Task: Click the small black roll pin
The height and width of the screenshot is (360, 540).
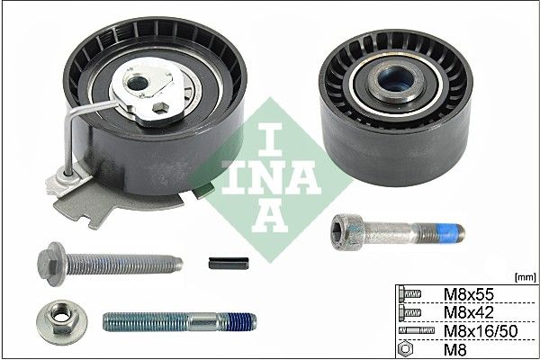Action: (x=229, y=264)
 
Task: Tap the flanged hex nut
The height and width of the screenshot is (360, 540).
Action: (x=62, y=322)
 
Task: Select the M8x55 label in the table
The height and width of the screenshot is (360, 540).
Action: (x=468, y=294)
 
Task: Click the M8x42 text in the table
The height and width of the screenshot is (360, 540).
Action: (x=468, y=312)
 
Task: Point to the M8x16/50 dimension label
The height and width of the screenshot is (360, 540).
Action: (x=481, y=331)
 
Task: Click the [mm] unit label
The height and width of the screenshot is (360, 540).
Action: (x=526, y=277)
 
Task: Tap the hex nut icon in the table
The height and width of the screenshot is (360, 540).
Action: (x=405, y=349)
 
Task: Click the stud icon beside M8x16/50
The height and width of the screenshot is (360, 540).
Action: (x=417, y=330)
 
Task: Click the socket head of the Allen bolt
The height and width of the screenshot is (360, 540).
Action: (x=346, y=231)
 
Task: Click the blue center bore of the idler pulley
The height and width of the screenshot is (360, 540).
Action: (x=395, y=80)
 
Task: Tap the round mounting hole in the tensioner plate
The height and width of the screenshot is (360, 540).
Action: (x=137, y=83)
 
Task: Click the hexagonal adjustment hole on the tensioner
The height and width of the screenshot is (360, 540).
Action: (x=160, y=108)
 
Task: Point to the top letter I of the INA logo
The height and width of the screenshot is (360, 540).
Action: (x=270, y=139)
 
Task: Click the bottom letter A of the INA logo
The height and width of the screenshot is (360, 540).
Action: (x=270, y=215)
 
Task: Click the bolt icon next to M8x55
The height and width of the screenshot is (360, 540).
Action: (x=409, y=294)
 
